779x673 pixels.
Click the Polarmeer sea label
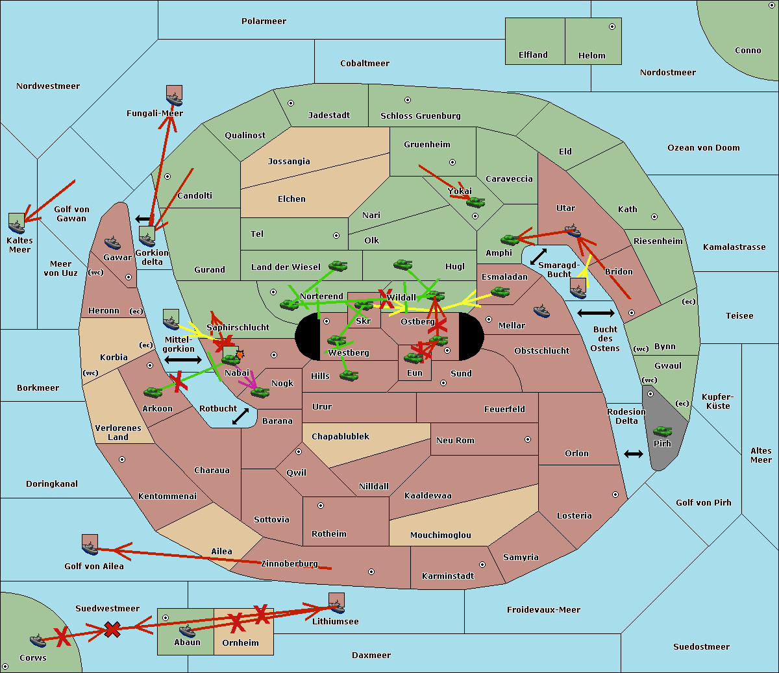tap(264, 21)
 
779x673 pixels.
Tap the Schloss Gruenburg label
tap(420, 116)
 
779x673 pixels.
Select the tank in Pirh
tap(662, 432)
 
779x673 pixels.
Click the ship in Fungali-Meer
tap(174, 99)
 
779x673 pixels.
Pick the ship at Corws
tap(38, 641)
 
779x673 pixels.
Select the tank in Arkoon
tap(153, 392)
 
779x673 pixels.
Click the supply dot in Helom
tap(612, 27)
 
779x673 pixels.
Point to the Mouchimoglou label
tap(440, 535)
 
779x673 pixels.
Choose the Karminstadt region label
tap(448, 576)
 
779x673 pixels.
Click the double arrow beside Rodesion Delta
tap(634, 454)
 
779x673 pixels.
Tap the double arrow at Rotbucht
tap(240, 416)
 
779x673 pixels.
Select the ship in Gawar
tap(112, 244)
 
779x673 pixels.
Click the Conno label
tap(748, 51)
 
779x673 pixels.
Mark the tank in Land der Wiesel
tap(338, 265)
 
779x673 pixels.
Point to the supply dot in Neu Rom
tap(528, 439)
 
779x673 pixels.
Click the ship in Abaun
tap(187, 631)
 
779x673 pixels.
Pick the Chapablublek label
tap(340, 437)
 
